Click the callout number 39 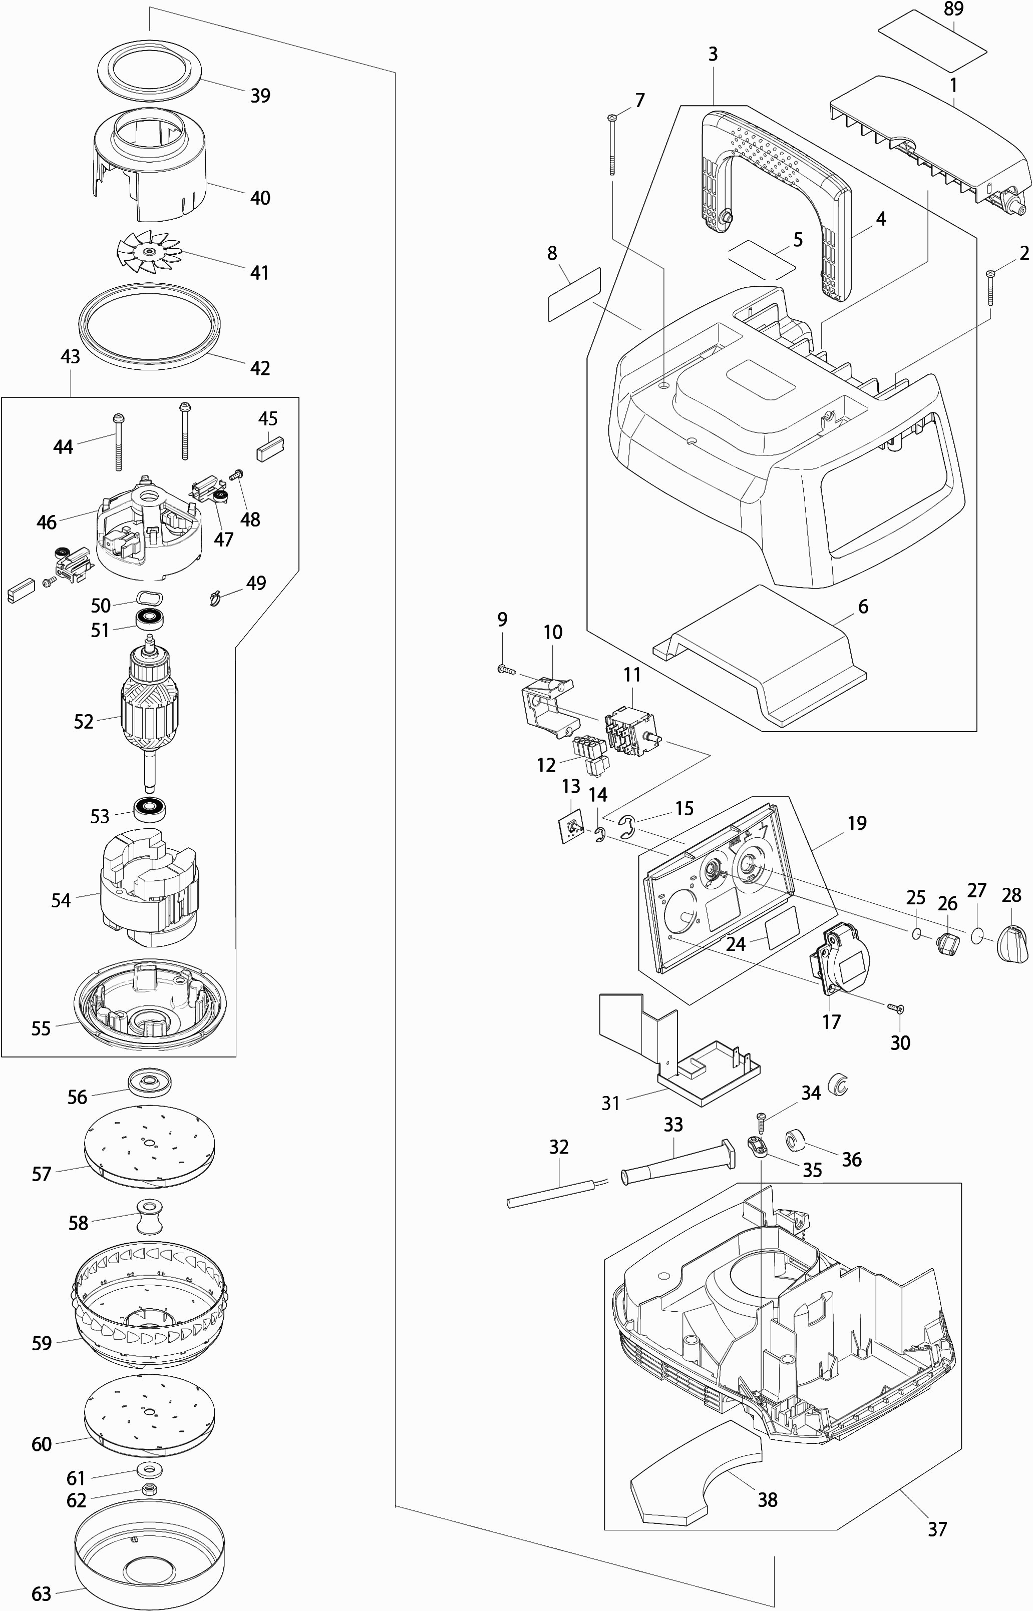tap(260, 96)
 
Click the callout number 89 tap(953, 10)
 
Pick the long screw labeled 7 tap(612, 144)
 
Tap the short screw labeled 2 tap(990, 288)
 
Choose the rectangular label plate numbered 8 tap(574, 294)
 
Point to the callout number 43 tap(70, 357)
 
